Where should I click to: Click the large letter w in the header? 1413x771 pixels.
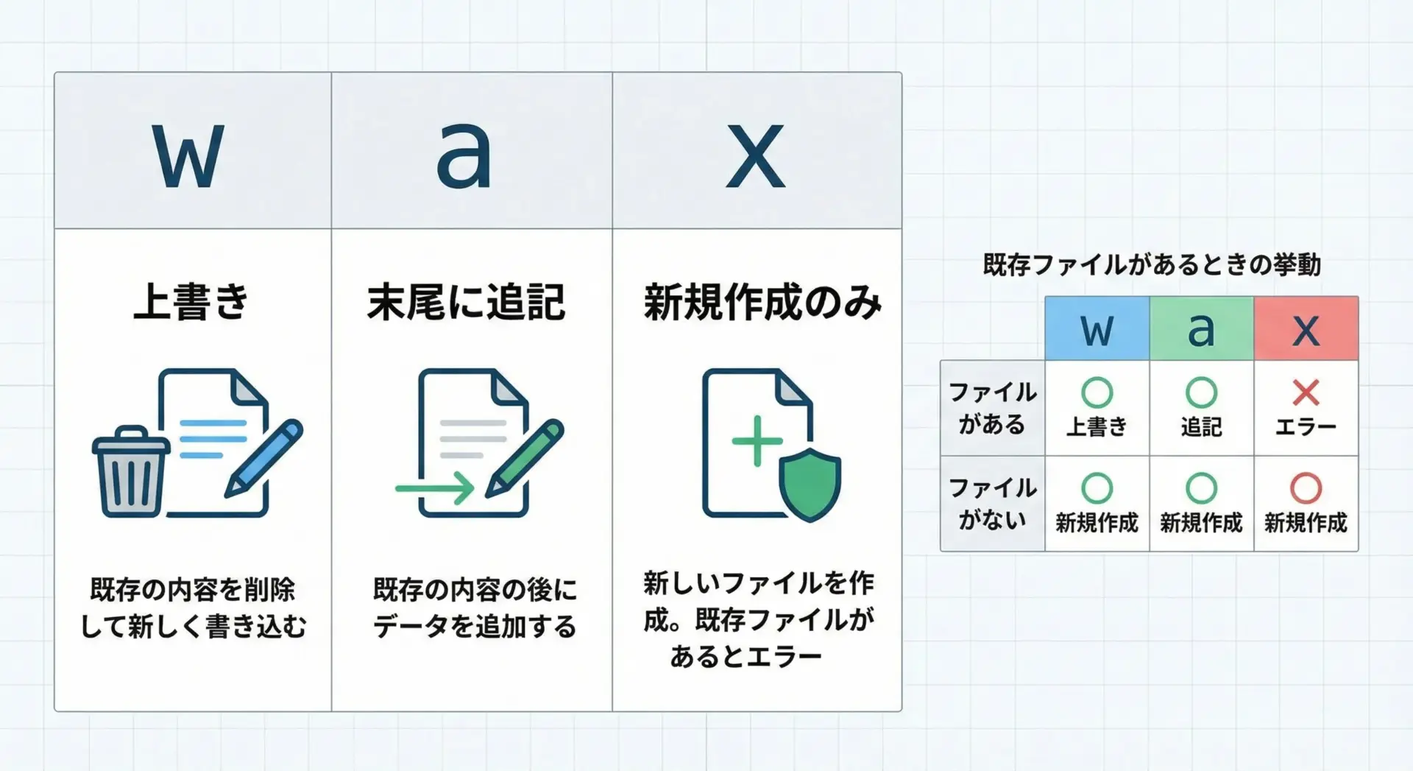coord(188,156)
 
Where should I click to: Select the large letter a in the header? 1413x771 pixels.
coord(464,155)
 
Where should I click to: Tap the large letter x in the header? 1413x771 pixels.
coord(755,156)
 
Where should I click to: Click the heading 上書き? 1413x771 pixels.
coord(191,302)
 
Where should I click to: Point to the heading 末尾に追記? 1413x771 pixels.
coord(467,302)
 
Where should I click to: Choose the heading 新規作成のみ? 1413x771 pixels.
coord(762,302)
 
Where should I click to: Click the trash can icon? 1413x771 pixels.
coord(130,471)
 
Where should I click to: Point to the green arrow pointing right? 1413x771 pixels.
coord(434,487)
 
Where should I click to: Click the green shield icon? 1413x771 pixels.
coord(810,485)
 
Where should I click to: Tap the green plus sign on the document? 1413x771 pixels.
coord(757,441)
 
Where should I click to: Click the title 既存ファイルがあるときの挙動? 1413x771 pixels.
coord(1152,264)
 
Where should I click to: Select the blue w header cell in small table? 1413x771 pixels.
coord(1097,328)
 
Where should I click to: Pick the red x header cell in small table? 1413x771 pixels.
coord(1306,328)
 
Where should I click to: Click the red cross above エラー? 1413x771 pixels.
coord(1306,392)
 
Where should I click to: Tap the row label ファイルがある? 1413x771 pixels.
coord(993,408)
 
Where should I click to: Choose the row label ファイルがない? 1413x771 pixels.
coord(993,504)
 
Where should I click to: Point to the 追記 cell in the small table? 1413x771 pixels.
coord(1202,408)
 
